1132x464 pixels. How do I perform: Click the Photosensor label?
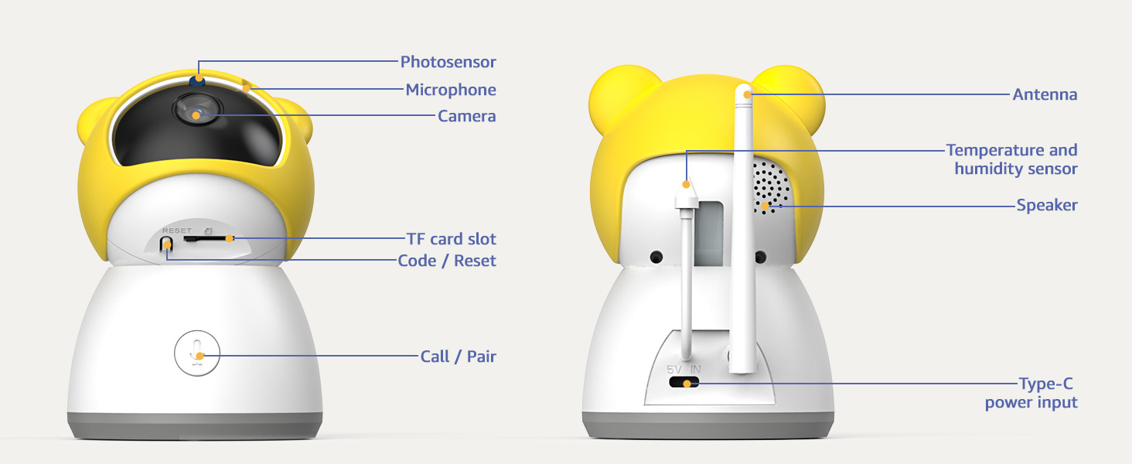tap(448, 62)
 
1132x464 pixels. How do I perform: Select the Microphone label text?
tap(451, 90)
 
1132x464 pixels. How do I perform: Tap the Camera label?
tap(466, 116)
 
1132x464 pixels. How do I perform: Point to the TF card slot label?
tap(452, 238)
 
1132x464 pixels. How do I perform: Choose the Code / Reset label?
tap(447, 261)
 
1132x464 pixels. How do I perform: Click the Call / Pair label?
tap(458, 357)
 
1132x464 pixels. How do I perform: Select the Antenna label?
tap(1045, 94)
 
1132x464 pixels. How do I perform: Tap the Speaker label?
tap(1047, 205)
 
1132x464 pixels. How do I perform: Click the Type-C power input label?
tap(1031, 393)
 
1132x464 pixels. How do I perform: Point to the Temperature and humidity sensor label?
tap(1011, 159)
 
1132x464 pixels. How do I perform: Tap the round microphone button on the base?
tap(197, 353)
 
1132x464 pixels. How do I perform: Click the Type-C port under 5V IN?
tap(684, 382)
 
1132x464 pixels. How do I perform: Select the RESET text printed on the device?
tap(177, 230)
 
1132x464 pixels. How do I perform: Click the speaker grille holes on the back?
tap(771, 187)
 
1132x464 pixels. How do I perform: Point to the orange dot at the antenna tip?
tap(747, 94)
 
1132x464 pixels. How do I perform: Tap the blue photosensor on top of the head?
tap(197, 80)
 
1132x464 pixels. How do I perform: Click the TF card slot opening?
tap(205, 238)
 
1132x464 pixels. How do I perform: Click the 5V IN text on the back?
tap(684, 370)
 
